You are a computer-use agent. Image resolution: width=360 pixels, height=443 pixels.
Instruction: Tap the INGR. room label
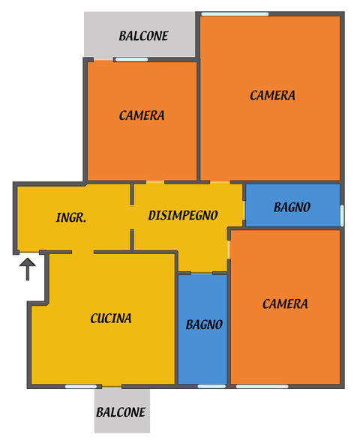[71, 217]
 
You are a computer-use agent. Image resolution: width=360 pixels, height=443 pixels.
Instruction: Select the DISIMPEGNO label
[183, 215]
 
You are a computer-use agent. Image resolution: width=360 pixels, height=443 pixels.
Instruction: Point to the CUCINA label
[111, 319]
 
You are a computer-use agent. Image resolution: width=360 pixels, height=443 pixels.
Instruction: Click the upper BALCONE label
[143, 36]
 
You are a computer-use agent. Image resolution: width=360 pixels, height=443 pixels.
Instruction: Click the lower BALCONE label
[121, 412]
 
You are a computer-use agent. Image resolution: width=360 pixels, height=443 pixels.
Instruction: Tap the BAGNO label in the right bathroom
[292, 208]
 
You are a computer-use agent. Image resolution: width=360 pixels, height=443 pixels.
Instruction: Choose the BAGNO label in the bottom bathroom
[204, 325]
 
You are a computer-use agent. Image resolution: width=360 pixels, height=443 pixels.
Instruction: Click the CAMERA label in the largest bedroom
[272, 95]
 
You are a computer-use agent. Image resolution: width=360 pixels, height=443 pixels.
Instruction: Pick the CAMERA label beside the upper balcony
[142, 115]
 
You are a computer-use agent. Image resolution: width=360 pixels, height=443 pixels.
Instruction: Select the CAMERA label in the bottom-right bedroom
[285, 304]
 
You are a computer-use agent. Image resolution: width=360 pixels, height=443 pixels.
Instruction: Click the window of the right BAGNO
[342, 216]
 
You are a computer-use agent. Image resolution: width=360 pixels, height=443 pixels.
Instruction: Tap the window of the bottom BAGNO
[211, 386]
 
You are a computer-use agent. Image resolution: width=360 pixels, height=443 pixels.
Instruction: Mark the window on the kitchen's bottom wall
[81, 386]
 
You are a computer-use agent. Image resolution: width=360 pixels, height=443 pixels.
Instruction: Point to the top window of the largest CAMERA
[235, 13]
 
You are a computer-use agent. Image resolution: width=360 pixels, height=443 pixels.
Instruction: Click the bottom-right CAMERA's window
[262, 386]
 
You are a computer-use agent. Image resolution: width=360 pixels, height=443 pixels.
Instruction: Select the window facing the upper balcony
[132, 59]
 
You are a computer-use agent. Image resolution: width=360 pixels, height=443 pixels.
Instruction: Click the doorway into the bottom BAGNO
[202, 273]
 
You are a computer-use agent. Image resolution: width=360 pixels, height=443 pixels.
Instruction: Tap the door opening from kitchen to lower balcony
[112, 386]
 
